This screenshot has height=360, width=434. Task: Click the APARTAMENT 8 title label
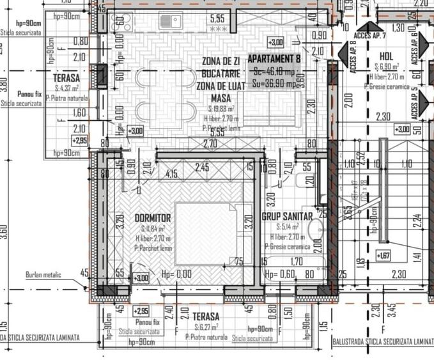(274, 59)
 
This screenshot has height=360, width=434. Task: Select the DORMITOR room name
(153, 218)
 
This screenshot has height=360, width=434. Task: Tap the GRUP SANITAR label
(287, 217)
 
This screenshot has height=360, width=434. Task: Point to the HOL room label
(386, 56)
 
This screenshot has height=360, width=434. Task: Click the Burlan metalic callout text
(43, 275)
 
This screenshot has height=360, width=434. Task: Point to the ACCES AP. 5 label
(414, 102)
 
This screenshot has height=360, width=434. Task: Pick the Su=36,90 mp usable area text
(274, 82)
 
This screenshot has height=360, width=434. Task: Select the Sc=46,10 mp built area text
(274, 71)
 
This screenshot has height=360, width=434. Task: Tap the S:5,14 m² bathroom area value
(288, 226)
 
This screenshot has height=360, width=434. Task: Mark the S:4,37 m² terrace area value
(66, 88)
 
